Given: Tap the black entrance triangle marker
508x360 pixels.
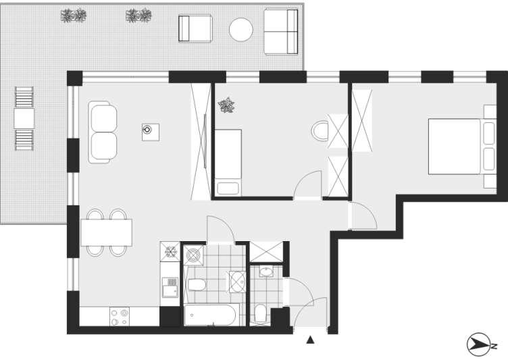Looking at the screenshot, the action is coord(310,340).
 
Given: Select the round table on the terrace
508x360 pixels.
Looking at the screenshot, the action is coord(240,30).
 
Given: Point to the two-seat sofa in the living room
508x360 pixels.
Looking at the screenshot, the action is coord(103,132).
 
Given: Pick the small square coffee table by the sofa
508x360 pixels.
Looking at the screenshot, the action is coord(151,132).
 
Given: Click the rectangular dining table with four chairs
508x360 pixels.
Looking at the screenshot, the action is coord(106,232).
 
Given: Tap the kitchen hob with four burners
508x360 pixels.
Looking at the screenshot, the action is coord(119,317).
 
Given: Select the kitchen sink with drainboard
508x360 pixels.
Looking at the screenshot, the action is coord(170,287).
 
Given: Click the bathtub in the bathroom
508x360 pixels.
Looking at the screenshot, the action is coord(211,315).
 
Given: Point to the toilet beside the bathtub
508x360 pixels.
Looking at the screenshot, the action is coord(197,285).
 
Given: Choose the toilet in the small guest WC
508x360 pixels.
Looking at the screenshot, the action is coord(261,313).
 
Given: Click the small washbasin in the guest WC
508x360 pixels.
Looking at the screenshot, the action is coord(266,272).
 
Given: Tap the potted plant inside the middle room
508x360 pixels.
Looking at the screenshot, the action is coord(226,105).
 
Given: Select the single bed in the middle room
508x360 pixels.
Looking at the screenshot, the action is coord(228,163).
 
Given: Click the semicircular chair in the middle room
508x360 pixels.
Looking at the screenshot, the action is coord(320,131).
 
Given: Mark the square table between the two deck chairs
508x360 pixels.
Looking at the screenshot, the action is coord(24,118).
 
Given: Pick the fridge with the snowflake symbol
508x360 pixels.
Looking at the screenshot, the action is coord(170,251).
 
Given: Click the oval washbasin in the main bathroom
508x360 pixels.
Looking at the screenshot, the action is coord(238,282).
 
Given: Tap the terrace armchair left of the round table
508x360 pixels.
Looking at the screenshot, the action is coord(195,28).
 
